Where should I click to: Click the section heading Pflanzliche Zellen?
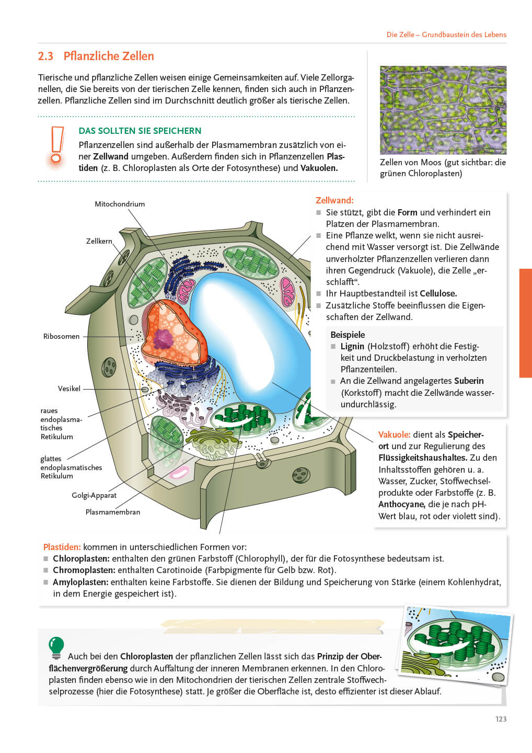(x=108, y=56)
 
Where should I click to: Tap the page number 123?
(x=501, y=719)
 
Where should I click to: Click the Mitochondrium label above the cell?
(x=120, y=204)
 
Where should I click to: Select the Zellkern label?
(x=99, y=241)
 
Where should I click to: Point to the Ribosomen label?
(x=61, y=336)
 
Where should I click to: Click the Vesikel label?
(x=69, y=389)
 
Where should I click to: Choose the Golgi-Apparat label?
(x=94, y=495)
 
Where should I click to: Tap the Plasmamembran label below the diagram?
(x=113, y=512)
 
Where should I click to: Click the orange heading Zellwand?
(x=334, y=200)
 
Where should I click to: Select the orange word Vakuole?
(x=394, y=435)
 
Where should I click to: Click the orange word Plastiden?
(x=62, y=547)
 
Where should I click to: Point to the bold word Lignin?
(x=352, y=346)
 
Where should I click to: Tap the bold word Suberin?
(x=469, y=381)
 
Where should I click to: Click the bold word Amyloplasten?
(x=80, y=582)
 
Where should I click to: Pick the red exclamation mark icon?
(x=56, y=146)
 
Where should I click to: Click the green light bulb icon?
(x=56, y=647)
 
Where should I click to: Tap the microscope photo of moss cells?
(x=443, y=110)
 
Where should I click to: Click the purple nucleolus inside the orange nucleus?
(x=164, y=339)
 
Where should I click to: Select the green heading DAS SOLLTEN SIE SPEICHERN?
(x=140, y=131)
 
